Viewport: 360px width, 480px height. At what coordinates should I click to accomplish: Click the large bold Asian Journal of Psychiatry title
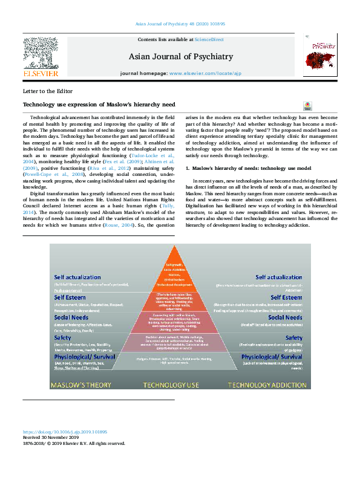pyautogui.click(x=180, y=57)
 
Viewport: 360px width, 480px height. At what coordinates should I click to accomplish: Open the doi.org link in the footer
pyautogui.click(x=65, y=432)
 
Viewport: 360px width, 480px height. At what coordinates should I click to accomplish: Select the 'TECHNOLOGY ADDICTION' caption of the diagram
pyautogui.click(x=266, y=384)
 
